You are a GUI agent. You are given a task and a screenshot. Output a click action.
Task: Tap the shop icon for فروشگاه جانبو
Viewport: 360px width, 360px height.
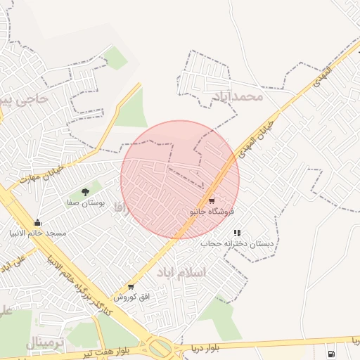pos(212,201)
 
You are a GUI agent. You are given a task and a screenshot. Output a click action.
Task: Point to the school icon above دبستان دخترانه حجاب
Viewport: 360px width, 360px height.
pos(238,232)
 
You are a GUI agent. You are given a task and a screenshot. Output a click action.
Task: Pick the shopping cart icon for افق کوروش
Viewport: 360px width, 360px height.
pos(130,286)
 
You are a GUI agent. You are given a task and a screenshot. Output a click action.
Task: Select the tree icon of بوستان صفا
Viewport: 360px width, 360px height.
pos(85,191)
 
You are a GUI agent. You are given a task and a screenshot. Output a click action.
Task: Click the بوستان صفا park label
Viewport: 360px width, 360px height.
pos(86,202)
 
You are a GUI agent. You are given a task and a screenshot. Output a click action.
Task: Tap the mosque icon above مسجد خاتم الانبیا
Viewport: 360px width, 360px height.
pos(37,223)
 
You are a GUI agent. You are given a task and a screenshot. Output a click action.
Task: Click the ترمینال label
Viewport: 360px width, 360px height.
pos(44,342)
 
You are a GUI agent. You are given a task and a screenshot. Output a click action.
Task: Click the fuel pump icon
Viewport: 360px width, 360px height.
pos(330,352)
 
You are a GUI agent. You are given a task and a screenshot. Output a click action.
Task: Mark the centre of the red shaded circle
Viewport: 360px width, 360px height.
pos(180,179)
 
